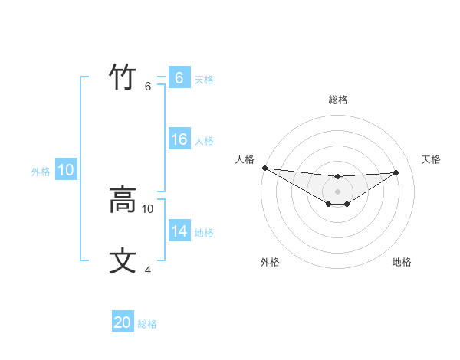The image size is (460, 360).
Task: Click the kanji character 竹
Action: tap(123, 77)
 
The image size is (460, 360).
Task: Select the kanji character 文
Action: tap(123, 261)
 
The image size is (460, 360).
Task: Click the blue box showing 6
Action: tap(179, 78)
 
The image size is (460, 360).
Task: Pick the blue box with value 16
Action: tap(179, 139)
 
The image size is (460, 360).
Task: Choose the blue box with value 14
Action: tap(179, 231)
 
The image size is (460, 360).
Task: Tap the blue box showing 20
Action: tap(123, 322)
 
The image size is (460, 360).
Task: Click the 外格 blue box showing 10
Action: tap(65, 170)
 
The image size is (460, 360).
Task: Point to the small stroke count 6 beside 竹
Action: tap(148, 87)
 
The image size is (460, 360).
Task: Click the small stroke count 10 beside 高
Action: tap(148, 208)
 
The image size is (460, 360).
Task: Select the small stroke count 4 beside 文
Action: tap(148, 270)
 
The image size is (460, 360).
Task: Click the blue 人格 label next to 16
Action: tap(204, 141)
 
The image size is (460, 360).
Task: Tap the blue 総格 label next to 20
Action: tap(147, 324)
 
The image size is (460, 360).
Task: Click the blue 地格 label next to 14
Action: tap(204, 233)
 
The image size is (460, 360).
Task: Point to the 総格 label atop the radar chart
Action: tap(338, 100)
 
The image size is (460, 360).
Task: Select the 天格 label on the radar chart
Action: tap(431, 159)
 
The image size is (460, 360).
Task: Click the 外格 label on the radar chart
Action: tap(270, 262)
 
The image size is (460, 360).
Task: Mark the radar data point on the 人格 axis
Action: tap(264, 168)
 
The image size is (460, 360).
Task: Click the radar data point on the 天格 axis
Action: tap(396, 172)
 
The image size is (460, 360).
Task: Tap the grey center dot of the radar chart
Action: tap(338, 191)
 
